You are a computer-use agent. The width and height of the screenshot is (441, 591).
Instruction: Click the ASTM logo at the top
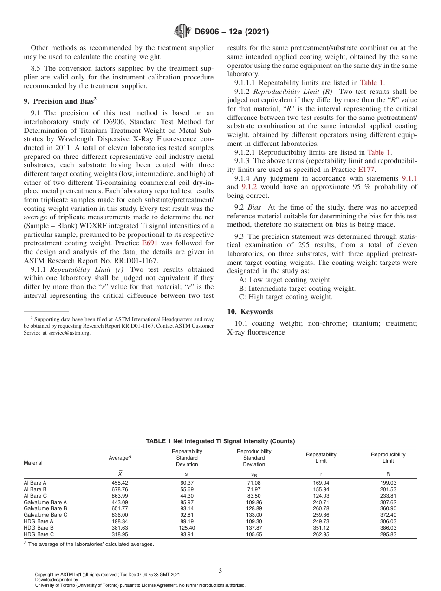point(182,32)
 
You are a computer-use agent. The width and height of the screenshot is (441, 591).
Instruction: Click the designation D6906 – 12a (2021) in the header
point(231,32)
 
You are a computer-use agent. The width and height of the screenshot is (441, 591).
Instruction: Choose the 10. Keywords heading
point(250,312)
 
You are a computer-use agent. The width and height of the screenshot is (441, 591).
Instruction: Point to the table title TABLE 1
point(220,441)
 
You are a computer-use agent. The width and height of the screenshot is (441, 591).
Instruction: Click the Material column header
point(33,463)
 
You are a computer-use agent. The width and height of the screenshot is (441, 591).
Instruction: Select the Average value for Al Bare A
point(120,483)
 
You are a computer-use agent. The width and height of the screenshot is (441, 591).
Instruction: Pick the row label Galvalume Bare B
point(45,508)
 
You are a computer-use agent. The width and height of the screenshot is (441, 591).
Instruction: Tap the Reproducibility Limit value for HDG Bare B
point(388,528)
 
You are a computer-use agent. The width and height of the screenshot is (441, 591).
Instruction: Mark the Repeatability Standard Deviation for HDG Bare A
point(187,521)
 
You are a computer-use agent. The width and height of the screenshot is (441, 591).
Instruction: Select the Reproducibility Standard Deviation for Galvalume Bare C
point(254,515)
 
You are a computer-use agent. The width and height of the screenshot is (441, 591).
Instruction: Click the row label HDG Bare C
point(39,534)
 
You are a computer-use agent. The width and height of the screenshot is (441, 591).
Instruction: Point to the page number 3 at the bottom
point(220,571)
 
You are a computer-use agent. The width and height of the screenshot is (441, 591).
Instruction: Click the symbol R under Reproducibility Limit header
point(388,474)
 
